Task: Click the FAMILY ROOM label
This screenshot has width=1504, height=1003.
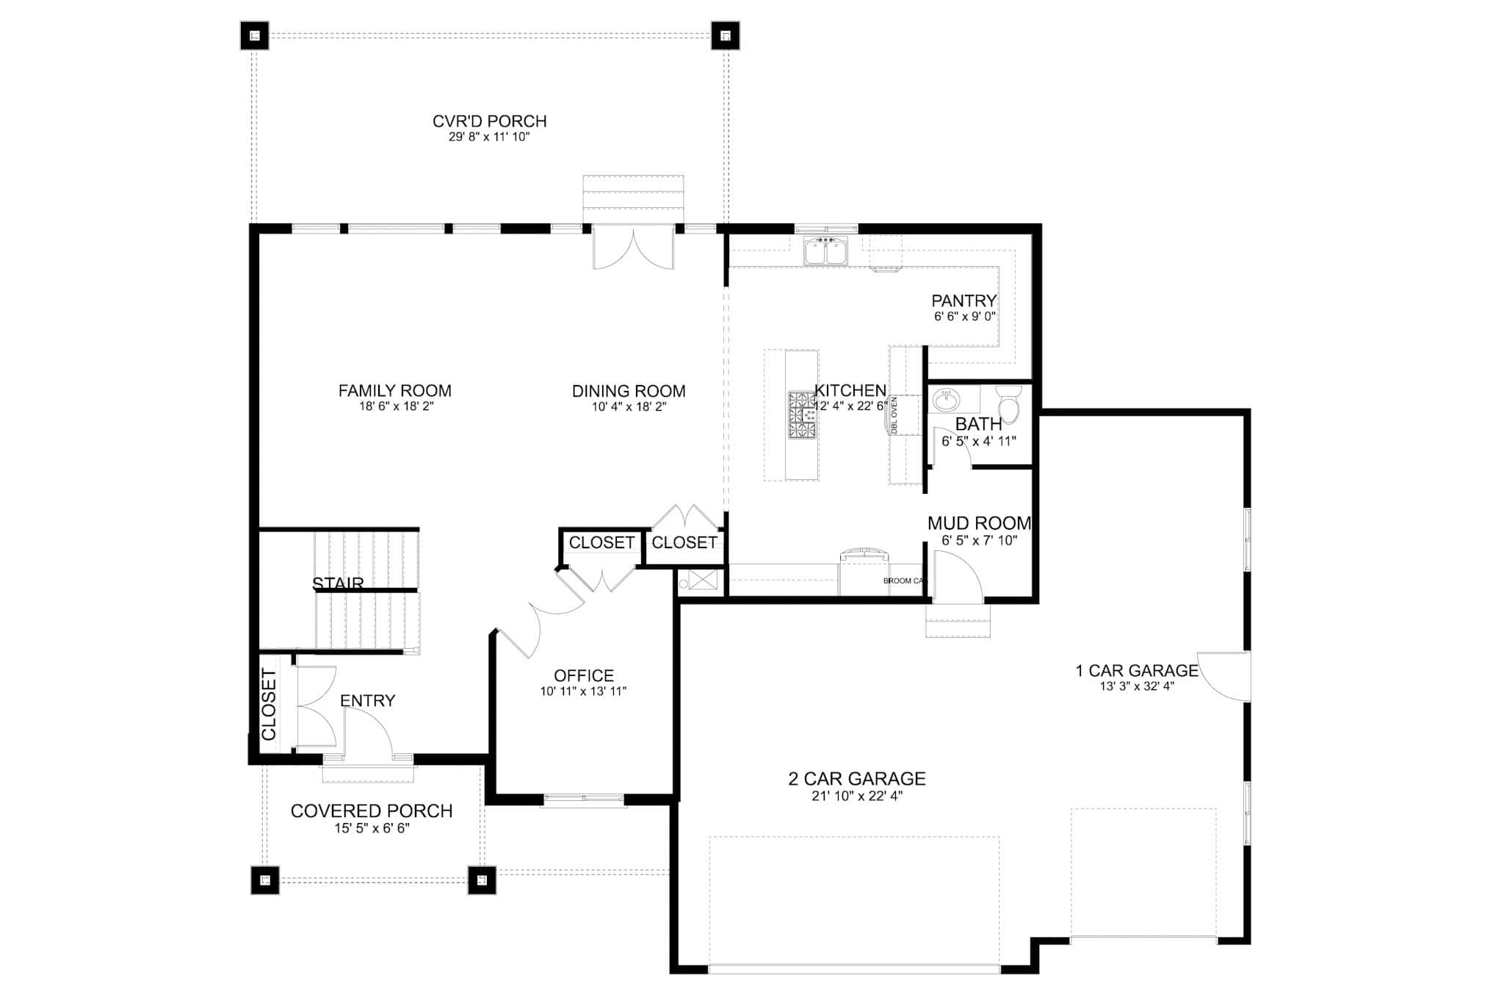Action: [394, 391]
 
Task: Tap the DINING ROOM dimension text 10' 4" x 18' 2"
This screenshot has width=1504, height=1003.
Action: [629, 407]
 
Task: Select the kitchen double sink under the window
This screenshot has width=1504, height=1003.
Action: [826, 251]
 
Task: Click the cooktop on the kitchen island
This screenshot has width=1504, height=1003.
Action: [802, 415]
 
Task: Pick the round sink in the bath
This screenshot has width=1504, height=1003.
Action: [946, 400]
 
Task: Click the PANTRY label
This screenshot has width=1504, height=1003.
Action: [963, 301]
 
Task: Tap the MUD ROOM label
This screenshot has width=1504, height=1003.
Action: [979, 523]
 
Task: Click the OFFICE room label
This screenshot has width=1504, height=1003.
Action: [584, 675]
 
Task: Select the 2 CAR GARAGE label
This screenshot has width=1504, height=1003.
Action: [856, 779]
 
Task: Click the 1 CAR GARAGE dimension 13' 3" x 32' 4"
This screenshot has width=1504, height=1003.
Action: [1137, 687]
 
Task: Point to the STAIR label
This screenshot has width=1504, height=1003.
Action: [338, 583]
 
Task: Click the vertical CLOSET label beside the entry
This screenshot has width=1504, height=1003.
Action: [269, 705]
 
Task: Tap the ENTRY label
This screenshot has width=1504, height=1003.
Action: [367, 701]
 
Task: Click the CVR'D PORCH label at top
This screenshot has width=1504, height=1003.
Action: [489, 121]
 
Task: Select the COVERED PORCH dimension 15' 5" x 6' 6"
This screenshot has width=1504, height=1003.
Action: [372, 828]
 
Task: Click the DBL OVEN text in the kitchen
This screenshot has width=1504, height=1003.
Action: [894, 416]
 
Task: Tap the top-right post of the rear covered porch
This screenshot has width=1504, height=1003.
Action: [725, 35]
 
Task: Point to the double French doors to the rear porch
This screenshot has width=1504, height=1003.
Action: [633, 248]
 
